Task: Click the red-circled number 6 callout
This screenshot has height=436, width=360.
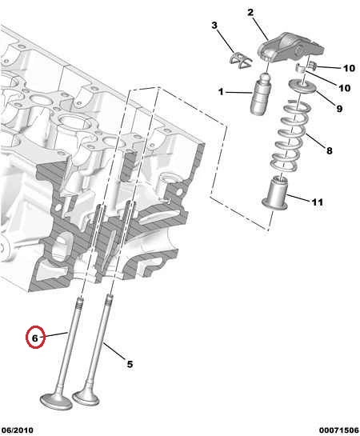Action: [x=34, y=338]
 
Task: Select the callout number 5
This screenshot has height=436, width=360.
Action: [x=130, y=364]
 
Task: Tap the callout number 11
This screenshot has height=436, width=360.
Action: [x=317, y=202]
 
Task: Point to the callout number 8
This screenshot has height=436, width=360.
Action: [x=329, y=151]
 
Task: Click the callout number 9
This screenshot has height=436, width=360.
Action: [x=339, y=109]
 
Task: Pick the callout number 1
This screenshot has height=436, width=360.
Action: [x=221, y=91]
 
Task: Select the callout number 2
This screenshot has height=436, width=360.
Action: [x=250, y=12]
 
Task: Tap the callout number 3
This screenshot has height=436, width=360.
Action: [x=214, y=26]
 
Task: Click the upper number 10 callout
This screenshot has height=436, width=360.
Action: [x=349, y=69]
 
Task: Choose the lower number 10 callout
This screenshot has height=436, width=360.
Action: [x=344, y=88]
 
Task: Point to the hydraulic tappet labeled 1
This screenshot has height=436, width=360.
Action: [x=260, y=94]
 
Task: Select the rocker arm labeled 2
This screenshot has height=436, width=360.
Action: [x=290, y=47]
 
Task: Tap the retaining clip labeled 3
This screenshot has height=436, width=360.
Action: [x=241, y=60]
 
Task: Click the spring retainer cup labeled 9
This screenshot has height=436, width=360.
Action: [x=303, y=86]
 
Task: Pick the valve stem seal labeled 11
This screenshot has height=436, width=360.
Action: [x=275, y=193]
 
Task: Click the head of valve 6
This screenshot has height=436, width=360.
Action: [x=56, y=401]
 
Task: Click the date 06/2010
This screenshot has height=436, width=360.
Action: [x=18, y=430]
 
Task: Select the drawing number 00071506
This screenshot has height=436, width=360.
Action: [x=339, y=430]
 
